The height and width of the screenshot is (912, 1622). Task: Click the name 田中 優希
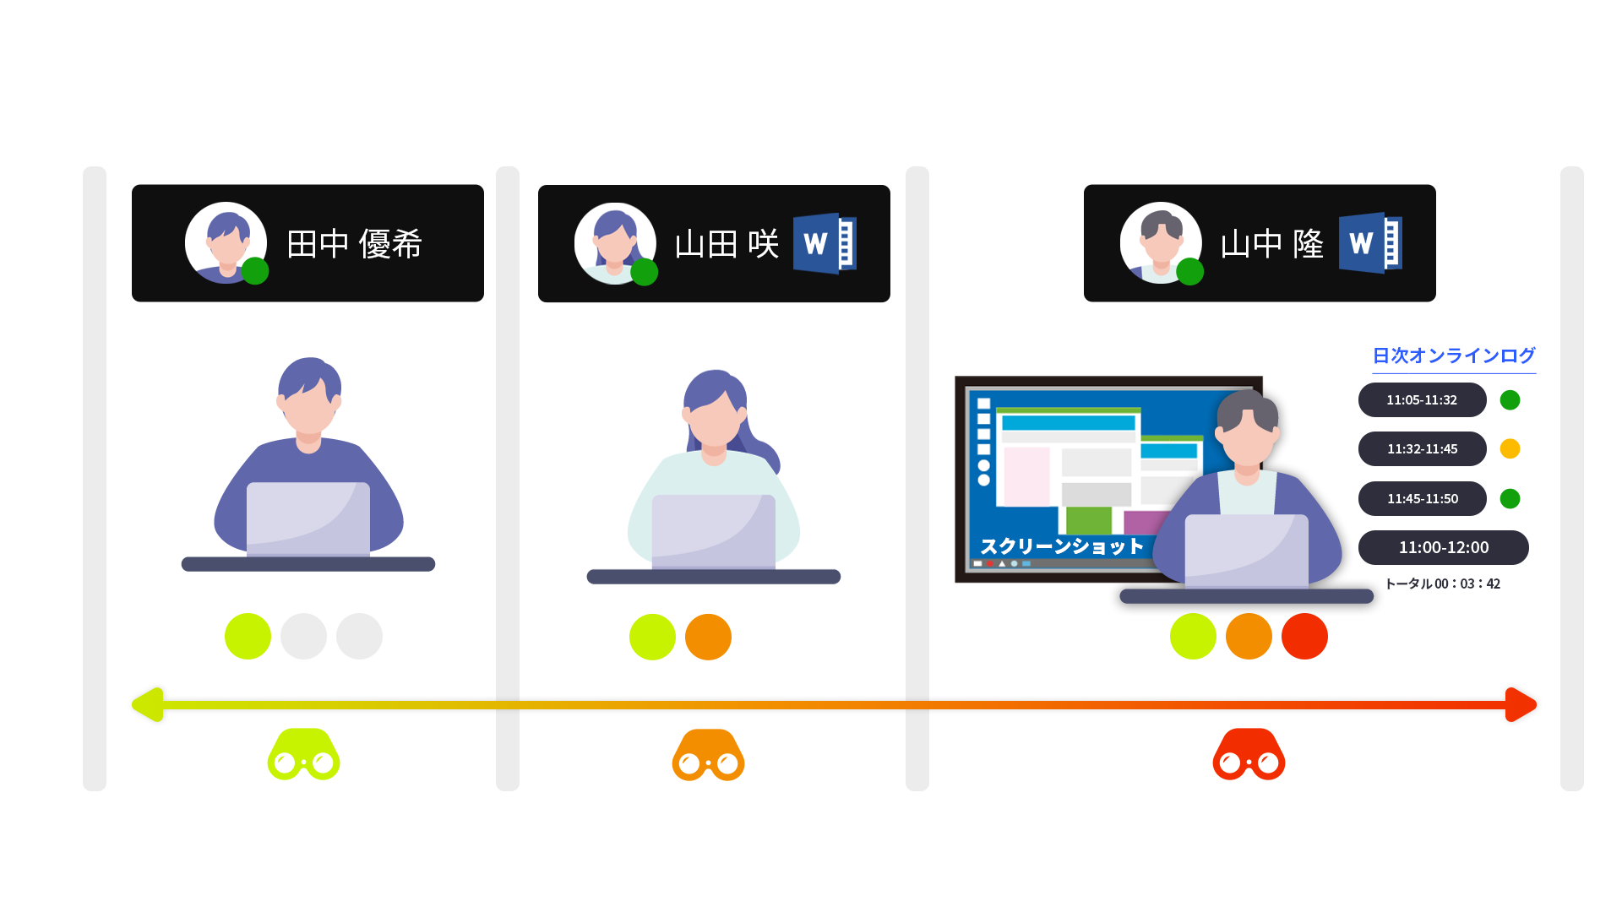[354, 244]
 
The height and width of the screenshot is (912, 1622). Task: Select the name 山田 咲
[727, 244]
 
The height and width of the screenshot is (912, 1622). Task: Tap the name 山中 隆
[1271, 244]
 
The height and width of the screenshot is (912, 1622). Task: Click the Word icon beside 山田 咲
[825, 243]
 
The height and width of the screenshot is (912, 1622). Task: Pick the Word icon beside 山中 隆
[1370, 243]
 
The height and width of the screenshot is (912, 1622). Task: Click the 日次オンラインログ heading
[1453, 356]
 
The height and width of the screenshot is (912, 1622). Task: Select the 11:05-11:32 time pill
[1422, 399]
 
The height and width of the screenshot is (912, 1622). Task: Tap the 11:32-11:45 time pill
[1422, 448]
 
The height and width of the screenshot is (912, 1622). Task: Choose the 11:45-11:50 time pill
[1422, 498]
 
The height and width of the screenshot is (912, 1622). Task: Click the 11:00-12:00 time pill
[1443, 547]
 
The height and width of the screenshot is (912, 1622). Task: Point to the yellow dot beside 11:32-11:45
[1510, 448]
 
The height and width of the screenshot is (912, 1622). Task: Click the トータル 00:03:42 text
[1442, 584]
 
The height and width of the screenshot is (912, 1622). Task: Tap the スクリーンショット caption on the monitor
[1061, 546]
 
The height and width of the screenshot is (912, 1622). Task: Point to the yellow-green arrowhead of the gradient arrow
[148, 704]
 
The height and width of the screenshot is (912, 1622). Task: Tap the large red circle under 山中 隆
[1304, 636]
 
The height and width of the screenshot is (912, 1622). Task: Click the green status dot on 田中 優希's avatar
[255, 271]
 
